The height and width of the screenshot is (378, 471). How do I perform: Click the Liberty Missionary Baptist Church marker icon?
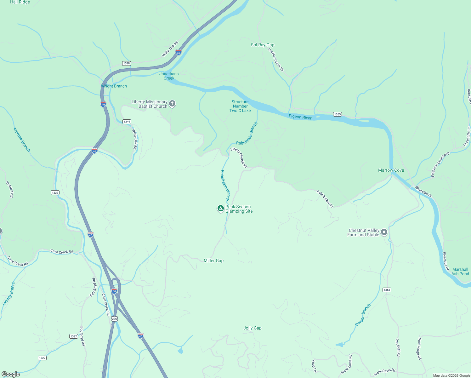tap(172, 104)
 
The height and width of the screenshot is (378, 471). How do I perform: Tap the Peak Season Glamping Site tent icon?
tap(221, 209)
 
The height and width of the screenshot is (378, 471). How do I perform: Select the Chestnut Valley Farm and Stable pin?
tap(384, 232)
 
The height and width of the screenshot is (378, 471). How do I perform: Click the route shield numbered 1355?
tap(338, 114)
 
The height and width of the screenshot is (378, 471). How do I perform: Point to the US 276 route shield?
tap(114, 319)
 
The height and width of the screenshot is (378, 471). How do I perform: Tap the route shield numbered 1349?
tap(127, 122)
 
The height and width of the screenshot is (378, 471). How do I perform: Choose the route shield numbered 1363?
tap(387, 290)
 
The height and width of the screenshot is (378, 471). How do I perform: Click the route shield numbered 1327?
tap(74, 336)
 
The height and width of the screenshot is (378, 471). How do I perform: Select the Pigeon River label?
tap(300, 117)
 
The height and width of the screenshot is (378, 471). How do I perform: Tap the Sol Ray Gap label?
tap(263, 45)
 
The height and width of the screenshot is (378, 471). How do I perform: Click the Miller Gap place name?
tap(213, 261)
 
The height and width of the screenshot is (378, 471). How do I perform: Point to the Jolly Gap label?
tap(253, 328)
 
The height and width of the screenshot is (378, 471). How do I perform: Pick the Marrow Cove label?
tap(391, 170)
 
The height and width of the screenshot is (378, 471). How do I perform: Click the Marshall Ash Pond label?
tap(460, 272)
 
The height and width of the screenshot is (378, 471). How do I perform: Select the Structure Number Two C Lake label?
tap(240, 106)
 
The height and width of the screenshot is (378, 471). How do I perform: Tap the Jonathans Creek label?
tap(169, 76)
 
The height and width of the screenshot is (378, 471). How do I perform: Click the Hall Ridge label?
tap(20, 2)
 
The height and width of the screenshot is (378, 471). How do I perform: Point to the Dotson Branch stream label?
tap(363, 315)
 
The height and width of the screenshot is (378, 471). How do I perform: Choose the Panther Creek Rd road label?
tap(276, 60)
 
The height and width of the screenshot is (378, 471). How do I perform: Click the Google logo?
tap(11, 374)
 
